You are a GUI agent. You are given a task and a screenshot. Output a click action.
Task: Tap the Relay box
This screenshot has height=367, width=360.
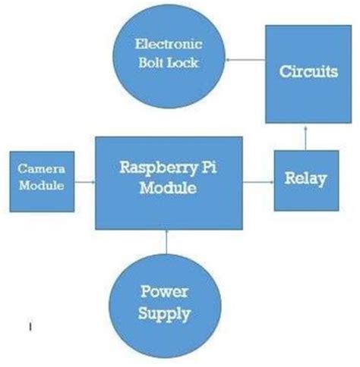click(x=305, y=180)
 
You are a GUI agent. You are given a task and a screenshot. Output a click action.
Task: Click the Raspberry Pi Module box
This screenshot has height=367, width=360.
click(x=169, y=182)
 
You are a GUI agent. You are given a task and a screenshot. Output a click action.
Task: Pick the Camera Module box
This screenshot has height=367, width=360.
click(x=41, y=182)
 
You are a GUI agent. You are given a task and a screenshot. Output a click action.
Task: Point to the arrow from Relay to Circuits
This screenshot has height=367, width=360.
click(x=305, y=137)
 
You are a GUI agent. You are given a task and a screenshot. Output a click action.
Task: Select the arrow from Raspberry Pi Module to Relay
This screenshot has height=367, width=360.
click(x=258, y=182)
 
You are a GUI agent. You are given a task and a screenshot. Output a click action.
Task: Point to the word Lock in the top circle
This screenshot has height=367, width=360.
click(x=183, y=62)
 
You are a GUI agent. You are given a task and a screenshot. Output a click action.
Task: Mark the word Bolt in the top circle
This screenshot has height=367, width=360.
click(x=151, y=62)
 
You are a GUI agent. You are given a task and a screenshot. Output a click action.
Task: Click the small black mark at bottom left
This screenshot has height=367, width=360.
click(x=30, y=328)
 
